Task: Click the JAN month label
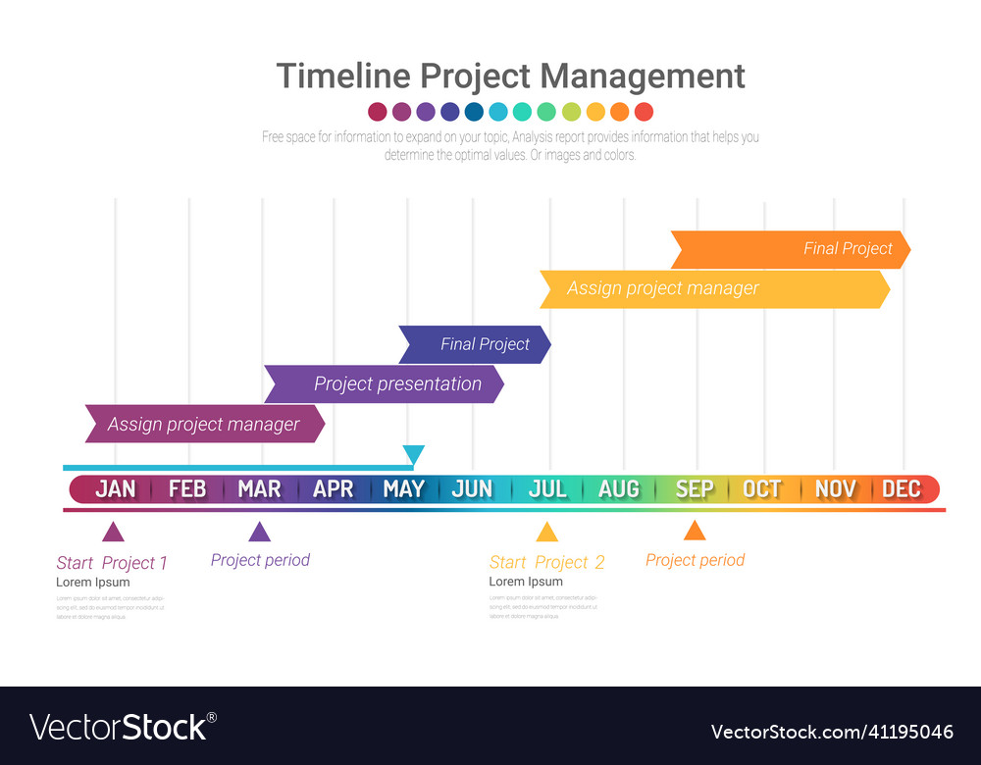point(115,488)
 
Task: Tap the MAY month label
point(403,488)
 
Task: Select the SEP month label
point(695,488)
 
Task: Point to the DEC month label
point(902,488)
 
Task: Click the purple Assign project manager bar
point(204,424)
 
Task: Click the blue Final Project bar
point(475,344)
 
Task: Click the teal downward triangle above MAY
point(414,454)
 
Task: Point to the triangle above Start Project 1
point(114,533)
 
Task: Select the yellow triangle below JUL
point(546,533)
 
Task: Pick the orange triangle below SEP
point(695,531)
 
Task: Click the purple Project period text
point(260,560)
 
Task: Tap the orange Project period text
point(695,560)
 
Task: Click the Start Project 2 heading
point(546,562)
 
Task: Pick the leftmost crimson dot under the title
point(378,112)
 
